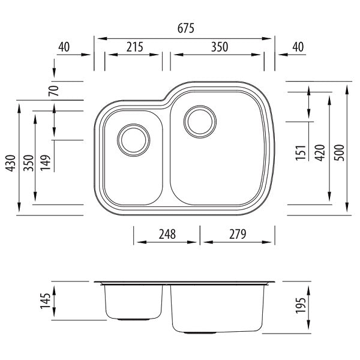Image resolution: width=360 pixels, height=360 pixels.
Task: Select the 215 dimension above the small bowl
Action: point(135,47)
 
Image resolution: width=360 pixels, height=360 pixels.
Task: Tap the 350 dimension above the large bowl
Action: point(218,47)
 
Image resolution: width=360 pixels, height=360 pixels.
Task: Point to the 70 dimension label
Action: point(53,92)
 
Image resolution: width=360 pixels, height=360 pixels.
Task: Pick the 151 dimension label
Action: point(302,154)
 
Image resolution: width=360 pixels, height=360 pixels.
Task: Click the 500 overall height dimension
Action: point(339,154)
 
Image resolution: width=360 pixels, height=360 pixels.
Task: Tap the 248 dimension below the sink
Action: point(168,235)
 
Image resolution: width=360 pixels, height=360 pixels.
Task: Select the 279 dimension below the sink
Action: point(238,235)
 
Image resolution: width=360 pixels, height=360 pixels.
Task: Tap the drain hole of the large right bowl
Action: point(199,120)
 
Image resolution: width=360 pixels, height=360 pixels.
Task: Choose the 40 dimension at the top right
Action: point(296,47)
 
